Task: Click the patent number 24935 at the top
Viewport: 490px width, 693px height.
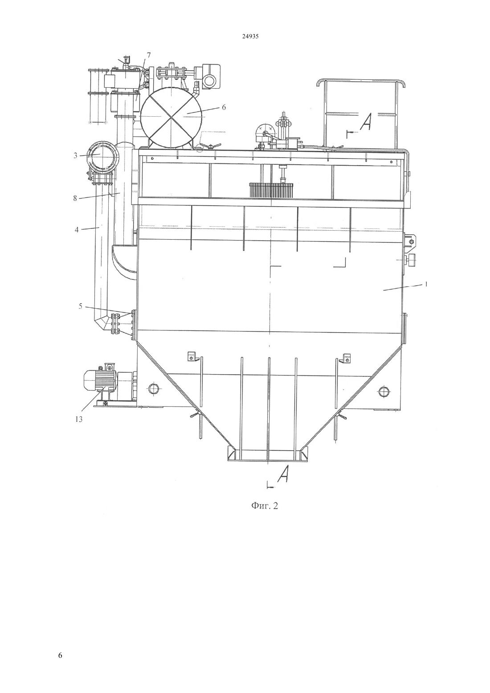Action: (250, 36)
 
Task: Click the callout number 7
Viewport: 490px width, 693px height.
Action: (148, 55)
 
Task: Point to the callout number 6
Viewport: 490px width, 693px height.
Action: (224, 107)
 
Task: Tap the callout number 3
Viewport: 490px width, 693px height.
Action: (75, 155)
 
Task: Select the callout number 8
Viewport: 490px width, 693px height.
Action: (75, 198)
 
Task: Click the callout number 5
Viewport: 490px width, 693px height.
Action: (80, 306)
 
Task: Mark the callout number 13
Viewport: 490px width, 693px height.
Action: (79, 420)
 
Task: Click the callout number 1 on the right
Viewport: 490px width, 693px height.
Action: (426, 284)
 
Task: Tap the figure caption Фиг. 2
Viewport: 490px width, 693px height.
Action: (264, 505)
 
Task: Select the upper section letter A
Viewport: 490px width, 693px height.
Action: (366, 121)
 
